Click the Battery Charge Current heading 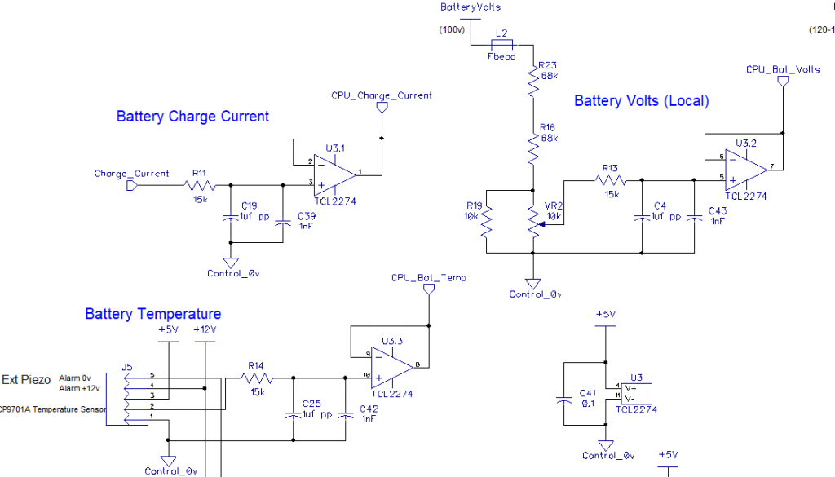192,117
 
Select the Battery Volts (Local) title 642,101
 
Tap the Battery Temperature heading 153,314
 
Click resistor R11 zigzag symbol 199,185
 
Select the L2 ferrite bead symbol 501,44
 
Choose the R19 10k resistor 487,221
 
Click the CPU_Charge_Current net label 382,95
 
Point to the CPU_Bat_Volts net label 783,69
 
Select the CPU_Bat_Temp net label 429,278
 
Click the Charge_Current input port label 131,174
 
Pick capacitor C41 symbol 563,400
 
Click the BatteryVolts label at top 471,7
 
